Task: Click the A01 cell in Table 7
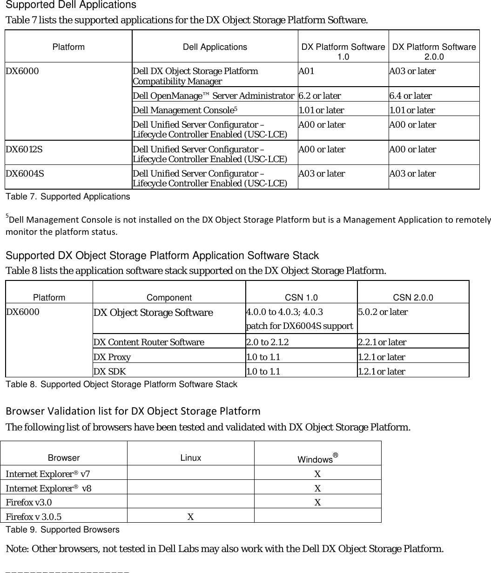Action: tap(306, 71)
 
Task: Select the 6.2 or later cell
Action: tap(320, 96)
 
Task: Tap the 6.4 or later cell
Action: tap(410, 96)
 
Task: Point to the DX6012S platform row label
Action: tap(25, 150)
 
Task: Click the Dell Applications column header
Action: tap(215, 47)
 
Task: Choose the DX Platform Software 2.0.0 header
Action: tap(434, 52)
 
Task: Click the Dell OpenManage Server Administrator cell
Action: tap(213, 96)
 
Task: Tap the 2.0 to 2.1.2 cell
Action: tap(267, 342)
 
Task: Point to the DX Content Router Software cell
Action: tap(149, 342)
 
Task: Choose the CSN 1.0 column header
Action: tap(301, 298)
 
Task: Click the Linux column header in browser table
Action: tap(191, 457)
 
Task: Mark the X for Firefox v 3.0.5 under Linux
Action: tap(190, 516)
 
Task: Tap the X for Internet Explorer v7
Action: tap(317, 474)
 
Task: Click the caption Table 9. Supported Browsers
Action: tap(62, 530)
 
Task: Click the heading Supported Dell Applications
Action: tap(71, 6)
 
